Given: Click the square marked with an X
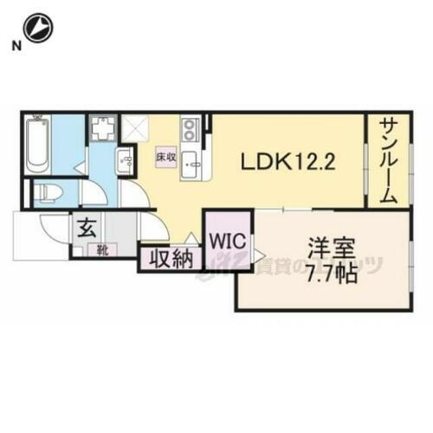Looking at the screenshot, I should (x=135, y=129).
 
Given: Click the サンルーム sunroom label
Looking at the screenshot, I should (x=387, y=161).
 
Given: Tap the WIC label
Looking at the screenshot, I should (x=227, y=238).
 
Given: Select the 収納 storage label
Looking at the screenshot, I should (x=169, y=259).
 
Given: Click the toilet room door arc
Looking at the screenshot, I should (x=94, y=193).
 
